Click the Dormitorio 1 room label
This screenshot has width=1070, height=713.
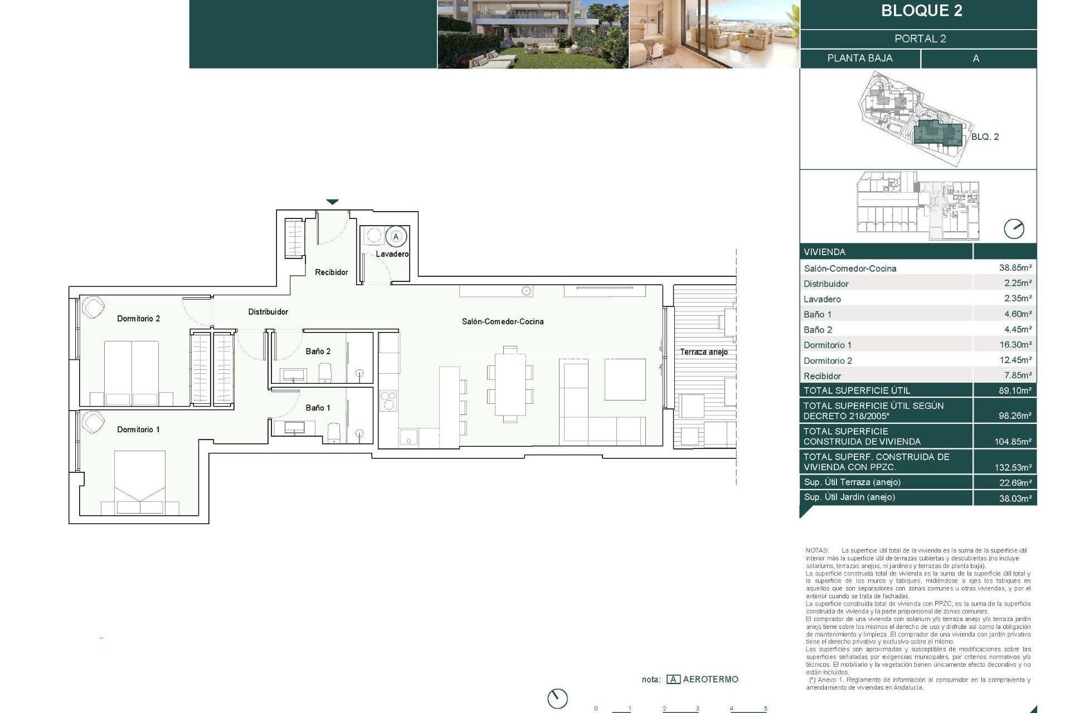[x=138, y=429]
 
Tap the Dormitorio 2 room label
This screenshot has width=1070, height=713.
[x=138, y=319]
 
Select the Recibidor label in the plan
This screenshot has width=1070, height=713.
[x=331, y=272]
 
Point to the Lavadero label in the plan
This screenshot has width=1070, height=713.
[x=392, y=254]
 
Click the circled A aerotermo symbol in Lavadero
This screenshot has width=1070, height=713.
[x=396, y=237]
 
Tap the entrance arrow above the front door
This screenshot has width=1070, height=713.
[x=332, y=202]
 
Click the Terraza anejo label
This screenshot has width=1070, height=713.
[x=703, y=352]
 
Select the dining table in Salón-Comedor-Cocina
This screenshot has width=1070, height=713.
[x=510, y=384]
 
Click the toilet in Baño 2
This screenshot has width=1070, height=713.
[x=325, y=373]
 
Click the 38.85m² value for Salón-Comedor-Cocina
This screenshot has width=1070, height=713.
[x=1015, y=268]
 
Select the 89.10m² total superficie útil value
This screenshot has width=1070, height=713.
[x=1015, y=390]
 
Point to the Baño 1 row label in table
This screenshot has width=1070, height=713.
[x=818, y=314]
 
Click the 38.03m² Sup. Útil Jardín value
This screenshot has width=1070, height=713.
[x=1015, y=498]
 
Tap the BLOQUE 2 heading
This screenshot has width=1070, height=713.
[x=921, y=11]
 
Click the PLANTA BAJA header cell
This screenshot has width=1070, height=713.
[x=859, y=58]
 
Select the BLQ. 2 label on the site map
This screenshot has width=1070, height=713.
[x=985, y=136]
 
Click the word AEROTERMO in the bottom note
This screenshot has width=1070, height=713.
[x=710, y=679]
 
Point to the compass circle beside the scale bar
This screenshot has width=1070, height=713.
[x=557, y=698]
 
